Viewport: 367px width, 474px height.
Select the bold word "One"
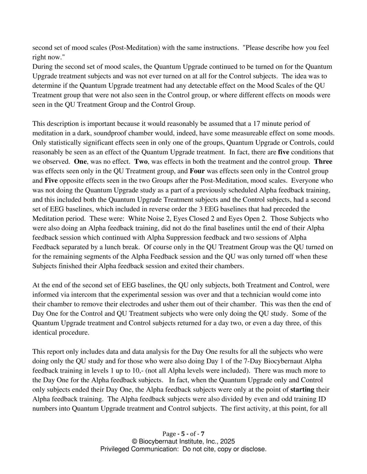(x=80, y=162)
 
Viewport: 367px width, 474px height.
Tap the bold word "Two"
(x=141, y=162)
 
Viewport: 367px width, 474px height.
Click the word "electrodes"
(x=139, y=304)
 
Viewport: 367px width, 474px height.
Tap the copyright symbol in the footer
(x=134, y=442)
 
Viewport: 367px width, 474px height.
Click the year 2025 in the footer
(x=228, y=442)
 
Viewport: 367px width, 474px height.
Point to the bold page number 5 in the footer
(x=183, y=434)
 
